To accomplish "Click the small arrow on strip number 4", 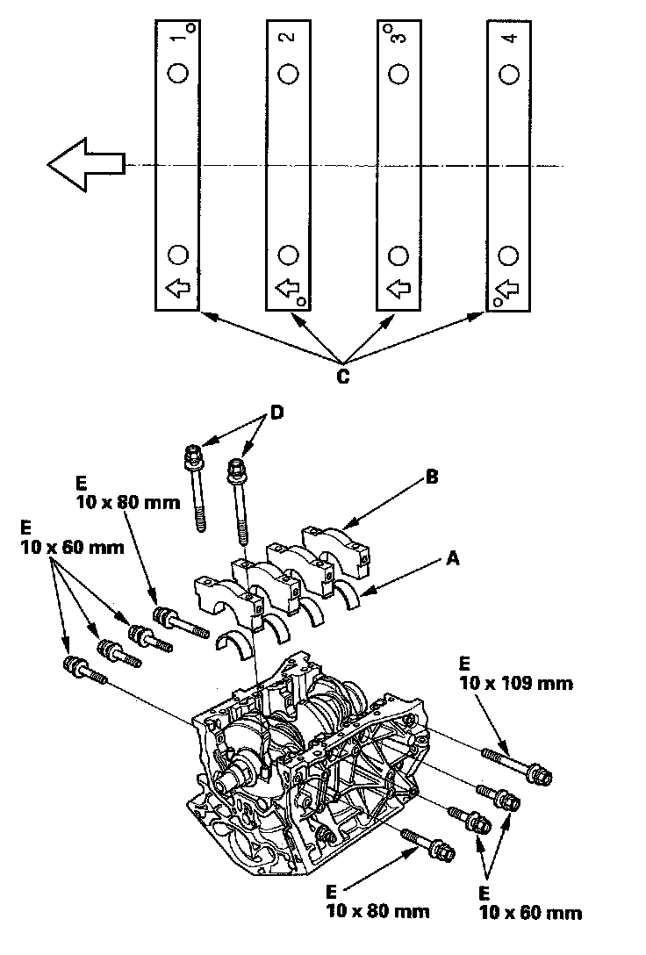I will [508, 287].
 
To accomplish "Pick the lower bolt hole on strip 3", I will [398, 255].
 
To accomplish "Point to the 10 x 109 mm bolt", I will [517, 764].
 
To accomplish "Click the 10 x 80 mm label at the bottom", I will [377, 910].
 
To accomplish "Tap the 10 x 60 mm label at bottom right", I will [530, 913].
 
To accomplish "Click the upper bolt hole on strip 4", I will [508, 74].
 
